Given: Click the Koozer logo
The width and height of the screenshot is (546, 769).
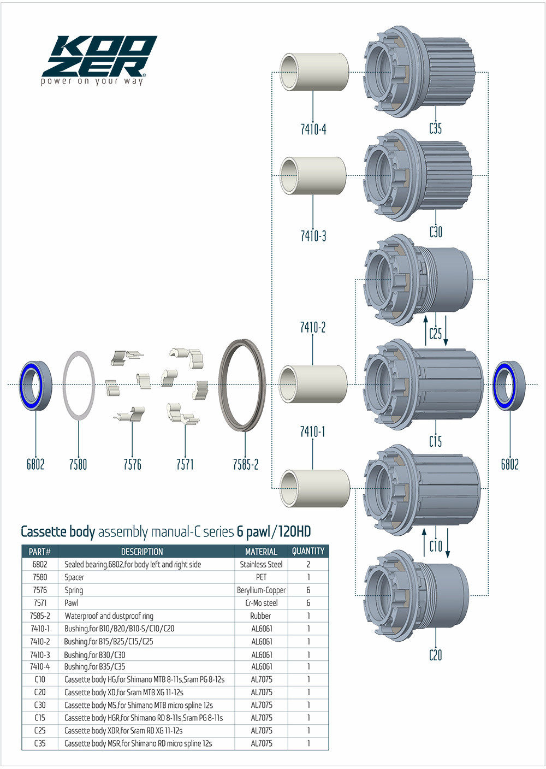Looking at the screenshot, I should (x=98, y=59).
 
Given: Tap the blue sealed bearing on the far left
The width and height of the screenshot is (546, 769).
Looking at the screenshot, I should (x=35, y=385).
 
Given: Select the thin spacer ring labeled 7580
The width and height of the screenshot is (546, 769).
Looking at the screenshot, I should (x=79, y=386).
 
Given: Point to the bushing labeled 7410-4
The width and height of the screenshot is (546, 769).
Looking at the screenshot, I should (x=314, y=72).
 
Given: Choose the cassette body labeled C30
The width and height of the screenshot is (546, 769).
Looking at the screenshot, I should (x=417, y=175).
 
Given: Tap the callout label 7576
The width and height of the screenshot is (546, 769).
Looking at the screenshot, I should (x=132, y=464).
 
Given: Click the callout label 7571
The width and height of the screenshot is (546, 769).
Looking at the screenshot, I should (x=185, y=464).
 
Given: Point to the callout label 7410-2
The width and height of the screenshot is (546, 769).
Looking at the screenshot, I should (x=313, y=327).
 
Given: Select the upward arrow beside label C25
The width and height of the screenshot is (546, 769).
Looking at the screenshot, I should (x=426, y=330).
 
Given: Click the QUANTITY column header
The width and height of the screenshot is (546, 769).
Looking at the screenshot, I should (x=308, y=551).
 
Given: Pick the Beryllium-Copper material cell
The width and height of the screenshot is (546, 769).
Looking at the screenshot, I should (x=261, y=590).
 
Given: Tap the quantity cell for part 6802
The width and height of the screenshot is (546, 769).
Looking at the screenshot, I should (x=308, y=564).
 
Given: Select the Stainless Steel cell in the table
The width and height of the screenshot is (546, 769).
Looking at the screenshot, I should (x=261, y=564).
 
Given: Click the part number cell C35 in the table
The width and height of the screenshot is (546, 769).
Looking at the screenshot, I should (x=40, y=743).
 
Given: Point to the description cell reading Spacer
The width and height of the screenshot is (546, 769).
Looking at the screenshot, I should (x=74, y=577).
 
